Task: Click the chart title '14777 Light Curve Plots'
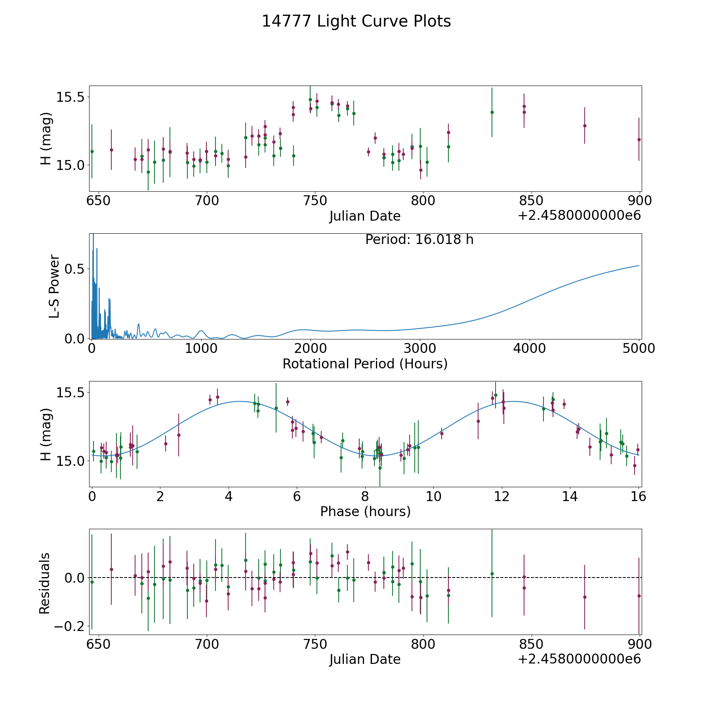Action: pos(356,21)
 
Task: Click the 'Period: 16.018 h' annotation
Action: pos(419,240)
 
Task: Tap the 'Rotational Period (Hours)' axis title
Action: pos(365,364)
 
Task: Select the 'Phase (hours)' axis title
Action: pos(365,511)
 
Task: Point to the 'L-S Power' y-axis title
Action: pos(54,286)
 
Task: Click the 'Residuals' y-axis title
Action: pos(45,583)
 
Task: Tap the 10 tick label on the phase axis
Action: pos(433,496)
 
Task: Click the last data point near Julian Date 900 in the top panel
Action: pos(639,139)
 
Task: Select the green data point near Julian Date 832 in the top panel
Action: pos(492,112)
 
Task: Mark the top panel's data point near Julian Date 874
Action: pos(585,126)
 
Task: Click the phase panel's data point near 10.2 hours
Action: pos(442,433)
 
